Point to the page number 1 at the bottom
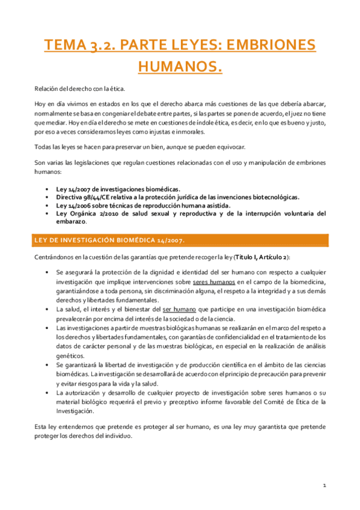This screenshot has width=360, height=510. (x=324, y=485)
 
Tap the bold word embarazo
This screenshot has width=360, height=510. (x=72, y=221)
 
